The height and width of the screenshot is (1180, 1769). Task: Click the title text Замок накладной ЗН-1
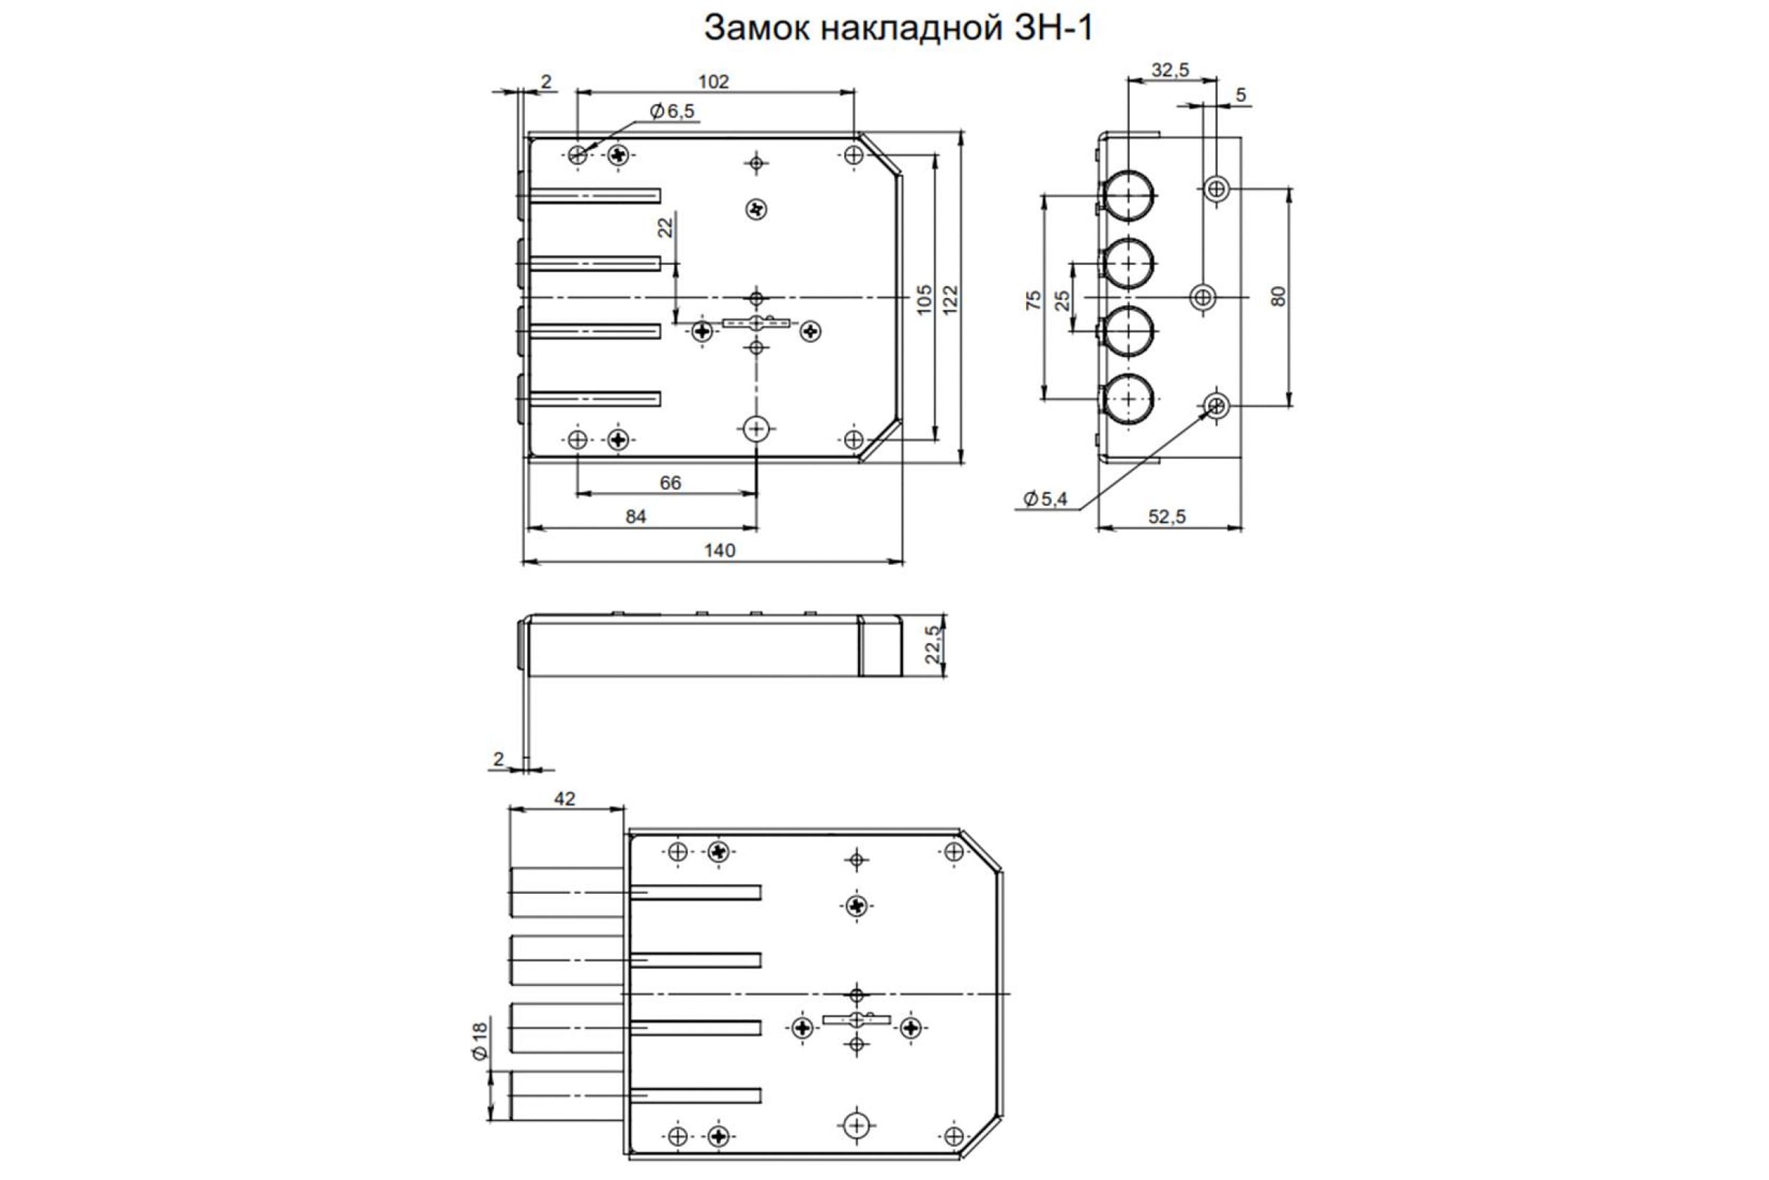point(898,29)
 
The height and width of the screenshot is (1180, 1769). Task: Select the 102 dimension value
point(713,81)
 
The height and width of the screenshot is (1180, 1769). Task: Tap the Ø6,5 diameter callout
point(672,112)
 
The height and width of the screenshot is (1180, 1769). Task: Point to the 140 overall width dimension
point(719,550)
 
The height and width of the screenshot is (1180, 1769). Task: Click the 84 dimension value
point(635,516)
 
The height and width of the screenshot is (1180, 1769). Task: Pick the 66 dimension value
point(670,482)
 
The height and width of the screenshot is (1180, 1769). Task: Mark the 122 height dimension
point(950,299)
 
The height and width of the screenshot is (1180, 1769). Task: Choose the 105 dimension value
point(924,299)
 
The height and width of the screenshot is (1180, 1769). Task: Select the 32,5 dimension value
point(1170,71)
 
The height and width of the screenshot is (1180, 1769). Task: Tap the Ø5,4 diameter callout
point(1045,499)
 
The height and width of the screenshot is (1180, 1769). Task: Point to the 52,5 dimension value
point(1167,516)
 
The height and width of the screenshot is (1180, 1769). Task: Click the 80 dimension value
point(1278,296)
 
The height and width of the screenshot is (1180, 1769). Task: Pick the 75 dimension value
point(1034,299)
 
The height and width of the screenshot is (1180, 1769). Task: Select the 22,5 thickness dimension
point(932,645)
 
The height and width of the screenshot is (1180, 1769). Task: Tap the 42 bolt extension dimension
point(564,799)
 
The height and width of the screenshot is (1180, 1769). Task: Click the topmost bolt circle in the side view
point(1128,195)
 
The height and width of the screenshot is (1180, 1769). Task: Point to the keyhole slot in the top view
point(757,323)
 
